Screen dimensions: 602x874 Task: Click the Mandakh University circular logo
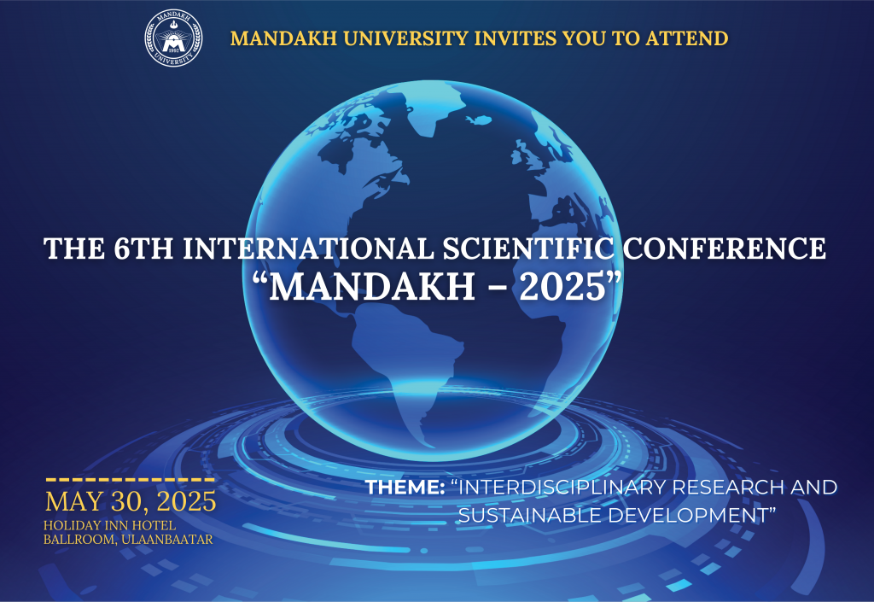click(x=174, y=38)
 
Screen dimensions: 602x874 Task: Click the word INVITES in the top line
click(x=520, y=38)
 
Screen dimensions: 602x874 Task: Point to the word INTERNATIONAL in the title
click(x=294, y=248)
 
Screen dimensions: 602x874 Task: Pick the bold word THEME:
click(x=405, y=488)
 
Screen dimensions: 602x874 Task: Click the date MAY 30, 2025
click(x=131, y=500)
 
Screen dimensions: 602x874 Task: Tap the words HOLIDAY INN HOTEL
click(x=110, y=523)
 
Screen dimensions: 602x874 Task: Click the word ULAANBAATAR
click(x=168, y=539)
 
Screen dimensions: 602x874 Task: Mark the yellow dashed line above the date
click(x=130, y=480)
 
